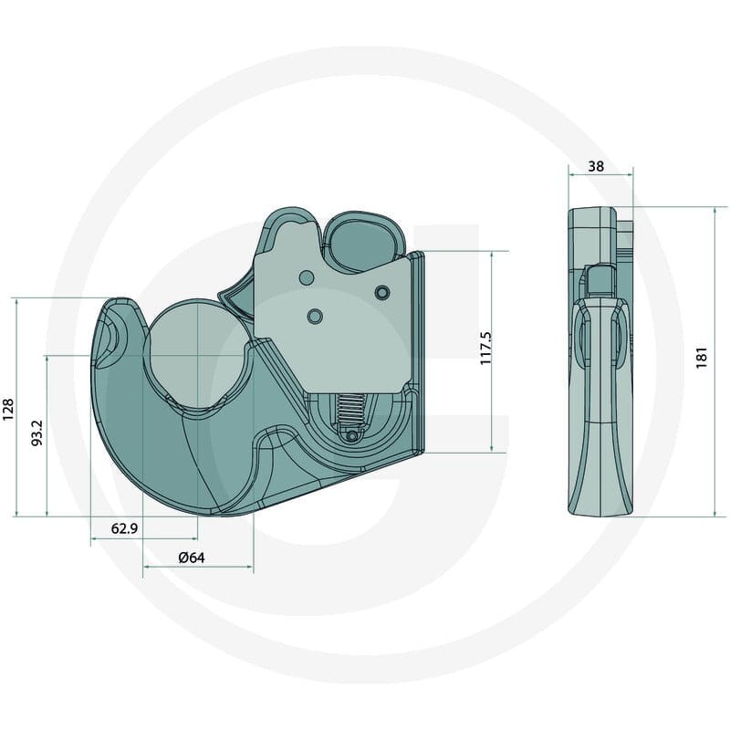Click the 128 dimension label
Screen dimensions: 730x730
point(8,410)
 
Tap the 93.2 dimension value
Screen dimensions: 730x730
point(36,433)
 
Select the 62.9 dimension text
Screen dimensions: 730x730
point(124,528)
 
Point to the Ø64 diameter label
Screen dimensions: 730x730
point(192,558)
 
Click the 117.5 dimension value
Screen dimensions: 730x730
point(486,349)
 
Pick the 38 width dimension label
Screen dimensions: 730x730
point(596,166)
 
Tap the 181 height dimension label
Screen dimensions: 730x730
point(702,358)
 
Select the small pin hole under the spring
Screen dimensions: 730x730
point(352,436)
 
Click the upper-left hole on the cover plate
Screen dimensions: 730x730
point(307,278)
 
